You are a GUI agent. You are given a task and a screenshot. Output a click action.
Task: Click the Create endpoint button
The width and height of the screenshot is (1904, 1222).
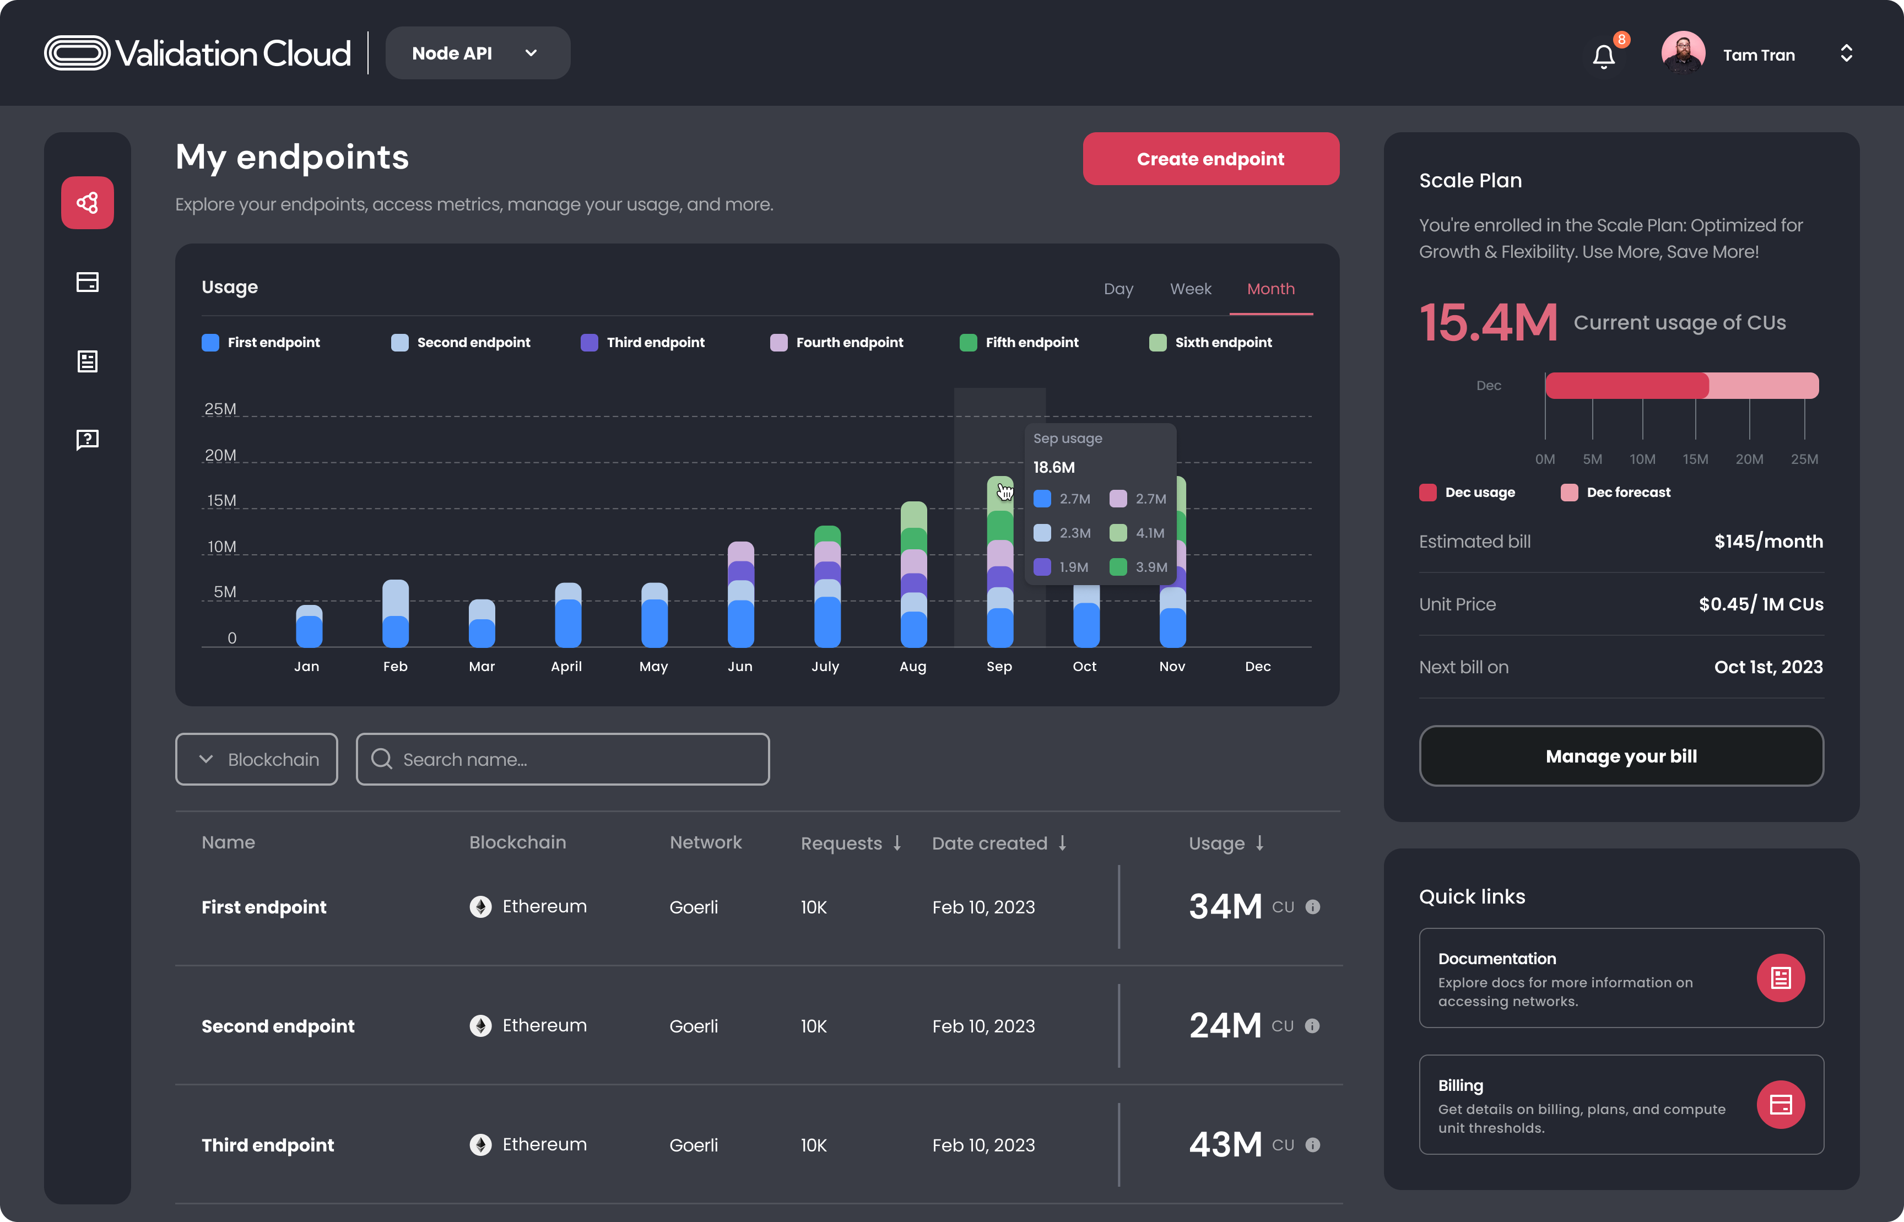[x=1210, y=159]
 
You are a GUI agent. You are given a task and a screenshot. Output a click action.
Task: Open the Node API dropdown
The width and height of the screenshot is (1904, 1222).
[x=477, y=53]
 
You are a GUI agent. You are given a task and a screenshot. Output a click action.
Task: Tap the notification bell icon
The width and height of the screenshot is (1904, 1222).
[x=1603, y=56]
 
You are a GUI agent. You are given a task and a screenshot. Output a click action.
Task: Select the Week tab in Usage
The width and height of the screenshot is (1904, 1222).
[x=1190, y=289]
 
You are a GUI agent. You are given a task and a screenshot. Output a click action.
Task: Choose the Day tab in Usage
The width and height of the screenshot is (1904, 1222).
[x=1118, y=289]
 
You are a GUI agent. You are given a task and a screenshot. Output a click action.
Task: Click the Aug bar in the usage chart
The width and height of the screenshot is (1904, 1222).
[x=913, y=575]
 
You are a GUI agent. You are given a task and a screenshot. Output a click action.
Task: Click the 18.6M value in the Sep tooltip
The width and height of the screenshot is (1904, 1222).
[x=1053, y=467]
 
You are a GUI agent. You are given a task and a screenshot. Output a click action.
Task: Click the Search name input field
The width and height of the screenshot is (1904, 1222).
[x=562, y=759]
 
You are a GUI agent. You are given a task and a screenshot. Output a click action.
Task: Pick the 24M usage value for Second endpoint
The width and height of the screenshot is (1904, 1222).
[x=1225, y=1025]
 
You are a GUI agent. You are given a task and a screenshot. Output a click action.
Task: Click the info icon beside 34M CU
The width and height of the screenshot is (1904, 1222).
[x=1312, y=907]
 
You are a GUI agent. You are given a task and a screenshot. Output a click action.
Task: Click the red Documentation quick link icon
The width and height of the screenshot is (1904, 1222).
[x=1780, y=977]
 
